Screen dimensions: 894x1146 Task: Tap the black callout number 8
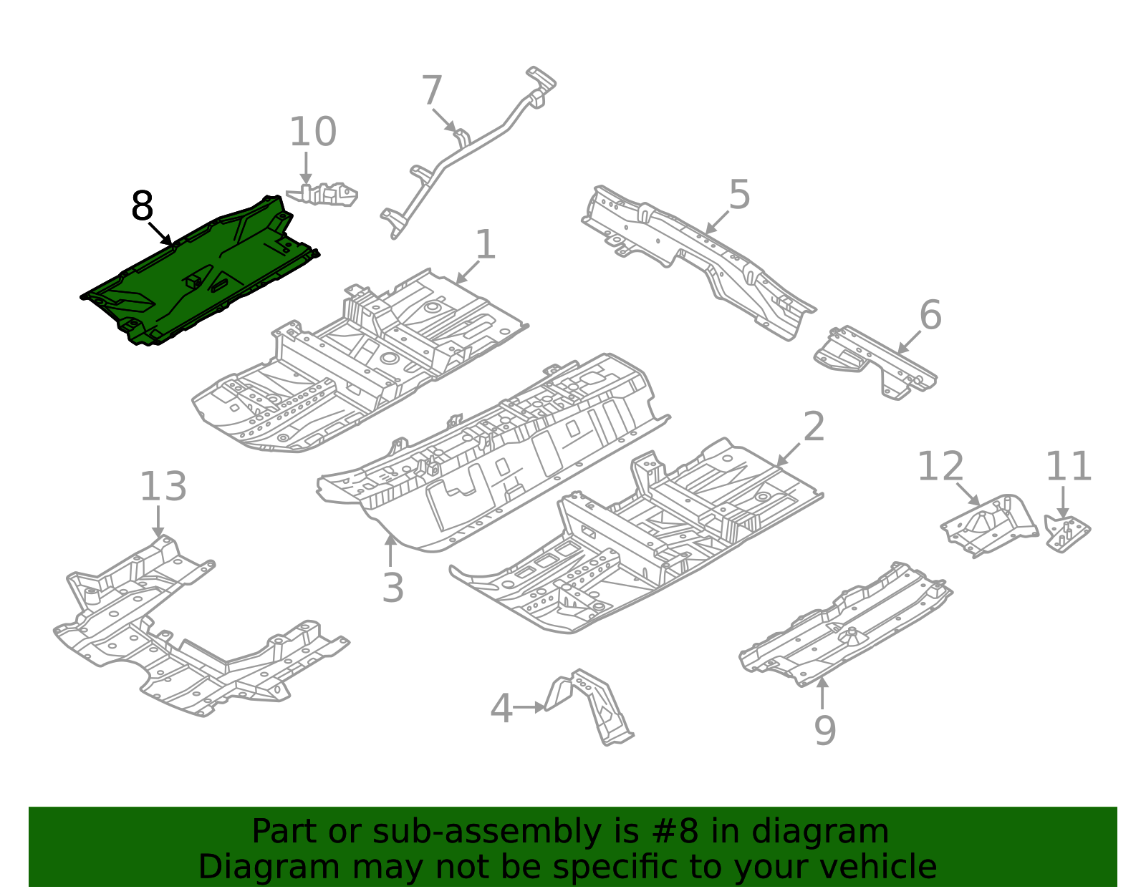click(x=142, y=207)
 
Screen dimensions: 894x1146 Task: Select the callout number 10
click(x=312, y=132)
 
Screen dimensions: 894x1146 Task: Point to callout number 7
click(x=431, y=92)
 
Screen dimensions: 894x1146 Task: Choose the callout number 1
click(x=485, y=246)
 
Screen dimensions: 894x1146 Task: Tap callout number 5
click(x=739, y=195)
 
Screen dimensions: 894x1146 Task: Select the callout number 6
click(x=930, y=316)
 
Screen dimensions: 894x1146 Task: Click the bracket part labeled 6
click(x=874, y=361)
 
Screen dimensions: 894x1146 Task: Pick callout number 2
click(x=814, y=427)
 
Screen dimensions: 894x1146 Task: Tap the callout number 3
click(x=393, y=588)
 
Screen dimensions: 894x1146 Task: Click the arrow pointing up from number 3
click(x=390, y=551)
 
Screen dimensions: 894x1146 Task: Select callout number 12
click(x=940, y=467)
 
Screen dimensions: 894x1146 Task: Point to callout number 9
click(x=824, y=731)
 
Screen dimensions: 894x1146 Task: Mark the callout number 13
click(x=163, y=487)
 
